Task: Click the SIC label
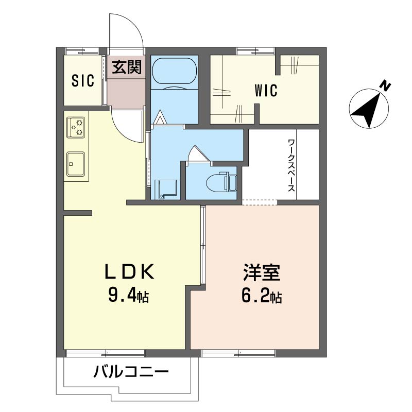(x=83, y=81)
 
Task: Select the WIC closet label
(x=266, y=91)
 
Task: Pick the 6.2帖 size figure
(x=261, y=297)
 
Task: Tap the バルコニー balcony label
(x=131, y=372)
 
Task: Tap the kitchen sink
(x=76, y=164)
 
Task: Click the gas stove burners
(x=76, y=127)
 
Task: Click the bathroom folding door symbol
(x=159, y=118)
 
